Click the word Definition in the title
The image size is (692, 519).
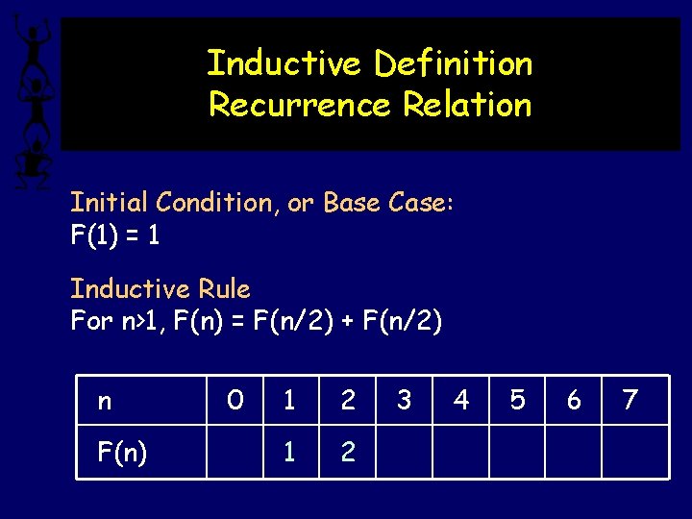pos(453,63)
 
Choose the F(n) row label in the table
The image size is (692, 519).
pos(122,452)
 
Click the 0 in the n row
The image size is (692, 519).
pos(235,400)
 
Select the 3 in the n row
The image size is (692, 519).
pos(404,400)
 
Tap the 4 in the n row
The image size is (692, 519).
pos(461,400)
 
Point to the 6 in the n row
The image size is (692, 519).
pos(574,400)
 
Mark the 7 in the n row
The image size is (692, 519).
pos(630,400)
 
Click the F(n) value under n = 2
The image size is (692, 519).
pos(348,452)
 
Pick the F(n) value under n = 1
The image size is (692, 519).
pos(290,452)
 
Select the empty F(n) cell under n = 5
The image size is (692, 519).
pos(517,452)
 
